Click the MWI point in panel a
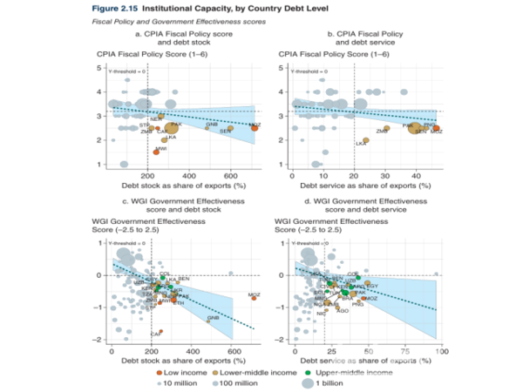[157, 152]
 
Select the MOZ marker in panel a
[254, 127]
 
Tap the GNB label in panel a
[212, 124]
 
